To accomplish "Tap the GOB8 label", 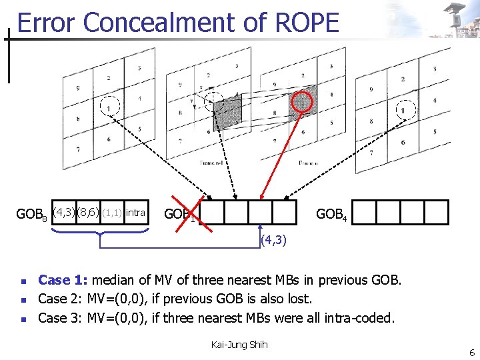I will pos(31,215).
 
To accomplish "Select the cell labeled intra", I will pos(135,213).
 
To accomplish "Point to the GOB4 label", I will pos(331,215).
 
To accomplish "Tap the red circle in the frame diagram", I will pos(303,102).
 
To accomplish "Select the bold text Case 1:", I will pos(63,280).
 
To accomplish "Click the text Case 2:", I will pos(61,299).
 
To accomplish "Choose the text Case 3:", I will pos(61,318).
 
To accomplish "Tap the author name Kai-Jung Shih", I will pos(239,344).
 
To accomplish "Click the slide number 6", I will pos(470,351).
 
